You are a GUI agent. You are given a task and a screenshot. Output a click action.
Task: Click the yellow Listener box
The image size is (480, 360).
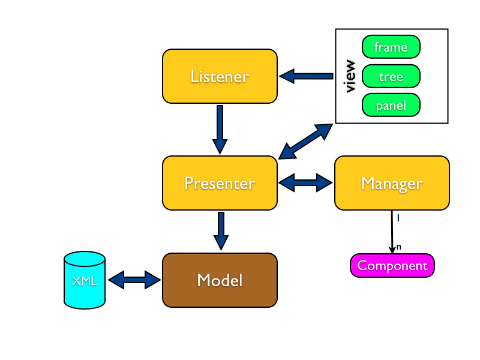(220, 76)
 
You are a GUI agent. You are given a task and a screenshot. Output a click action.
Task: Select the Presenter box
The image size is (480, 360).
(220, 183)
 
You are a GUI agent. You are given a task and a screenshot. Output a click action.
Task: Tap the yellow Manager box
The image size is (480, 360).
(392, 183)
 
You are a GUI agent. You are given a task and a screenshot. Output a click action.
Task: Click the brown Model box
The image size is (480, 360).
(220, 280)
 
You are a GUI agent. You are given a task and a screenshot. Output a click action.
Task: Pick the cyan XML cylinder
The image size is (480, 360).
(85, 281)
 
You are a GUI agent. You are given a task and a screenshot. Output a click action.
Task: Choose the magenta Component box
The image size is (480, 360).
(392, 266)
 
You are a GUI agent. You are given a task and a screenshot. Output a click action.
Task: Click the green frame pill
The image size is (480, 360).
(391, 47)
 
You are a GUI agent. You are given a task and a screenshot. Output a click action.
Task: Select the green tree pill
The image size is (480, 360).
(391, 77)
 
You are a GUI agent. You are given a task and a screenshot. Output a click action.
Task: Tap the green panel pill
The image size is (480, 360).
(391, 106)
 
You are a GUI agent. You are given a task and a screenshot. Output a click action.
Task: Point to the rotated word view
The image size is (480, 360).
(350, 76)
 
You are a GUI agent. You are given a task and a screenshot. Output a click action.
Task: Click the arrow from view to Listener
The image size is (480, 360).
(306, 76)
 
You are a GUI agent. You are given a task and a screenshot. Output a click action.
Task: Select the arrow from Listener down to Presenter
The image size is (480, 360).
(220, 128)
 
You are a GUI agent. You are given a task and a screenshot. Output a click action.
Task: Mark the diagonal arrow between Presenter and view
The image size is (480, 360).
(305, 142)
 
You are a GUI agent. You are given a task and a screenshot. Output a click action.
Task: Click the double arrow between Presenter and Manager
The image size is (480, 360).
(306, 183)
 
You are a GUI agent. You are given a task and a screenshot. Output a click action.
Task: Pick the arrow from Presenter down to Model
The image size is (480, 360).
(221, 230)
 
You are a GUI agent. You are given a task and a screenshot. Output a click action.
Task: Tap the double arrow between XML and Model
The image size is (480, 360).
(134, 280)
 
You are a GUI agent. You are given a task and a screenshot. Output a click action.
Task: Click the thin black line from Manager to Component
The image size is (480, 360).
(392, 231)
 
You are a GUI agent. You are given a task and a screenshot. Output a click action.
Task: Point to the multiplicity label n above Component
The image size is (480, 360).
(399, 247)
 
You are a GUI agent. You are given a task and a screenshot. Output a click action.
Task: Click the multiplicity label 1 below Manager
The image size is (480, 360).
(398, 218)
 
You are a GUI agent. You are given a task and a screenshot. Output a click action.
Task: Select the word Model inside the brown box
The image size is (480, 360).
(220, 280)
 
